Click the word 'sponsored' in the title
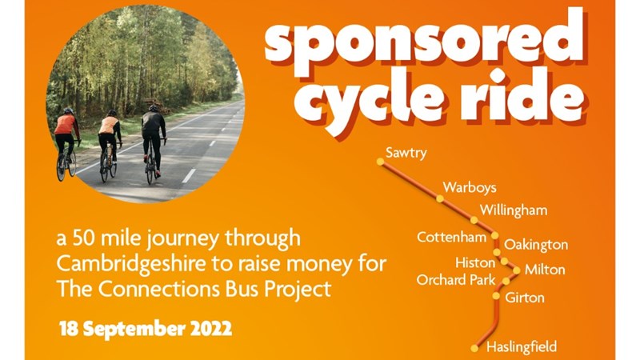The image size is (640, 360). (424, 42)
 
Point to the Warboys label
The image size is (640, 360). (470, 188)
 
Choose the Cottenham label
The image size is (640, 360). (451, 238)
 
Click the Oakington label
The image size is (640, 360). (536, 245)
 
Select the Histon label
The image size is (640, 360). (475, 262)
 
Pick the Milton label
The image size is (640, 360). (545, 270)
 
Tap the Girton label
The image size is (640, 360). (525, 298)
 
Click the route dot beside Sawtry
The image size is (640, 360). (381, 161)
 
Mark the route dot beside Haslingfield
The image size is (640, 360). (474, 348)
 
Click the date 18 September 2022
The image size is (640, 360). (145, 329)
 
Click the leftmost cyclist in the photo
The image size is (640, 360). (66, 141)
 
